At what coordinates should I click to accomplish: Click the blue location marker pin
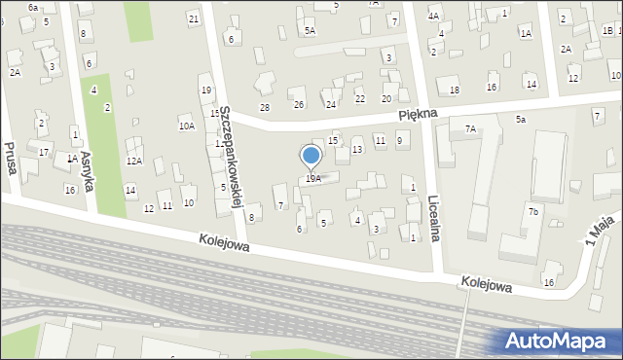tap(311, 157)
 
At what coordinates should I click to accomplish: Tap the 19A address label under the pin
tap(312, 178)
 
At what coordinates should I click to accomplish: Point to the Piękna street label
tap(419, 114)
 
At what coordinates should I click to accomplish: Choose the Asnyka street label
tap(86, 171)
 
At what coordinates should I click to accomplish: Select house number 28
tap(264, 106)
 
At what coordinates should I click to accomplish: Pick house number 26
tap(299, 104)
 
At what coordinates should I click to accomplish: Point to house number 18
tap(455, 90)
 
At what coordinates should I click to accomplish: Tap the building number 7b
tap(532, 212)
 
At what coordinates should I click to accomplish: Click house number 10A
tap(186, 126)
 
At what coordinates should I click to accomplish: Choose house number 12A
tap(134, 161)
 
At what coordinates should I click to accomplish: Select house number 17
tap(44, 153)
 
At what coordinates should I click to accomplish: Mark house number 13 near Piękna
tap(357, 149)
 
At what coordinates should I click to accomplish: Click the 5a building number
tap(521, 119)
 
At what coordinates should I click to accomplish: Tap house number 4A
tap(434, 17)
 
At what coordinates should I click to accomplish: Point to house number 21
tap(194, 18)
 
